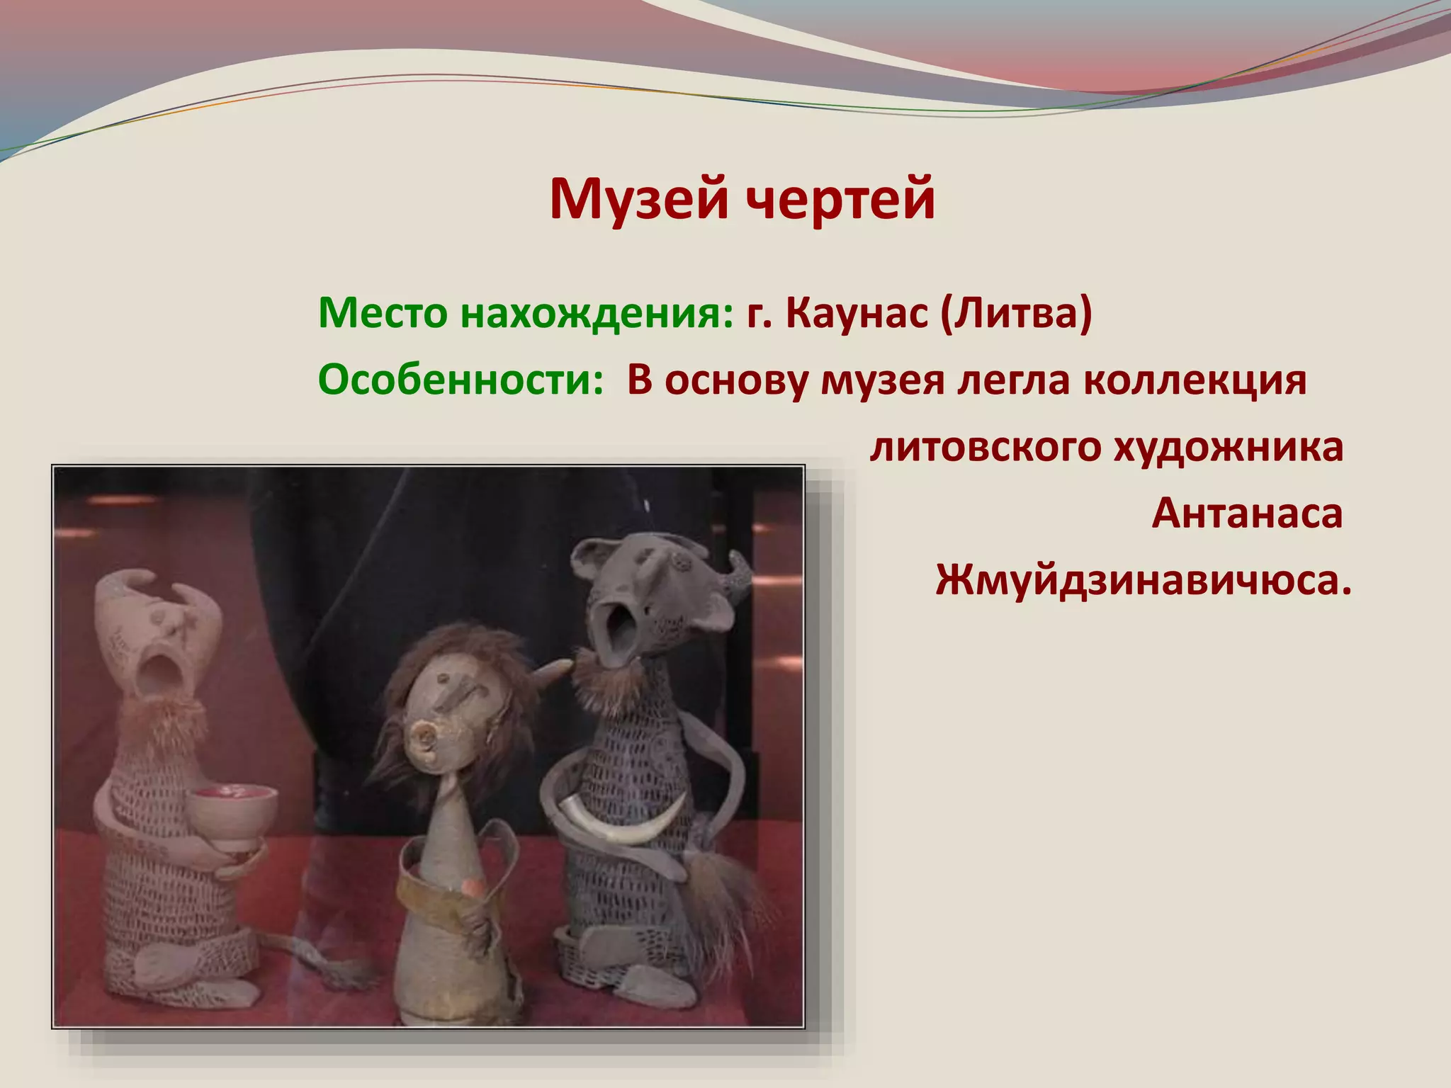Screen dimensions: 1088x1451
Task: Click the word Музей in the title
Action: (x=638, y=200)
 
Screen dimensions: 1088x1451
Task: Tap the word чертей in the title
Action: (x=841, y=200)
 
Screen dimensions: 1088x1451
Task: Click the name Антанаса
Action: (x=1247, y=514)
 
